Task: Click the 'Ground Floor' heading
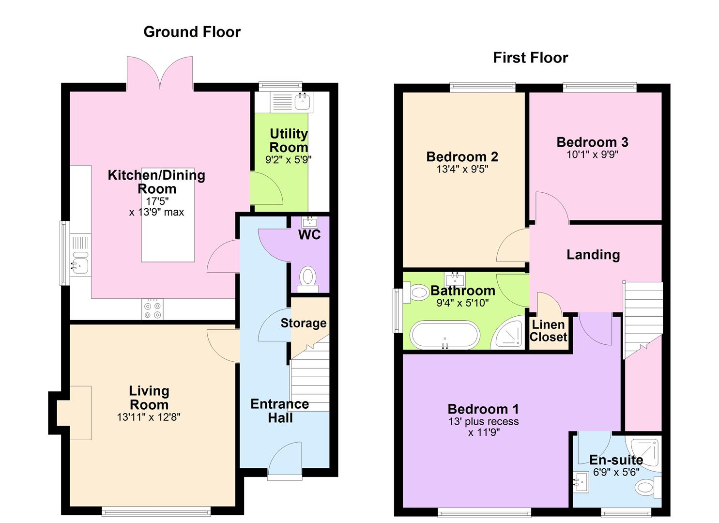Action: coord(192,32)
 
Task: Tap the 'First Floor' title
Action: coord(531,58)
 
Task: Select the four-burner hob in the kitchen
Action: coord(153,309)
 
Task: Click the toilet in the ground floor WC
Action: coord(308,279)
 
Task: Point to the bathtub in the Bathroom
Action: coord(445,335)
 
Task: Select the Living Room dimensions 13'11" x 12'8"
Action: coord(149,417)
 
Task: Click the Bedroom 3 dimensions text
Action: coord(592,154)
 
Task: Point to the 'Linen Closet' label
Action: coord(548,331)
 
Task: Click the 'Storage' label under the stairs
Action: coord(303,323)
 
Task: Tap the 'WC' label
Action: coord(309,235)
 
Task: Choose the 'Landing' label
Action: coord(593,255)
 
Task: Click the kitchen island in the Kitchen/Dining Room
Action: coord(168,215)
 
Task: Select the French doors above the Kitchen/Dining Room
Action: coord(160,73)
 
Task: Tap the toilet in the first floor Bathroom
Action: coord(416,292)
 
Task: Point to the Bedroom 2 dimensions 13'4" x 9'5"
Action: coord(462,169)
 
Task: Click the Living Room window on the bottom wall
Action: coord(156,511)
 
